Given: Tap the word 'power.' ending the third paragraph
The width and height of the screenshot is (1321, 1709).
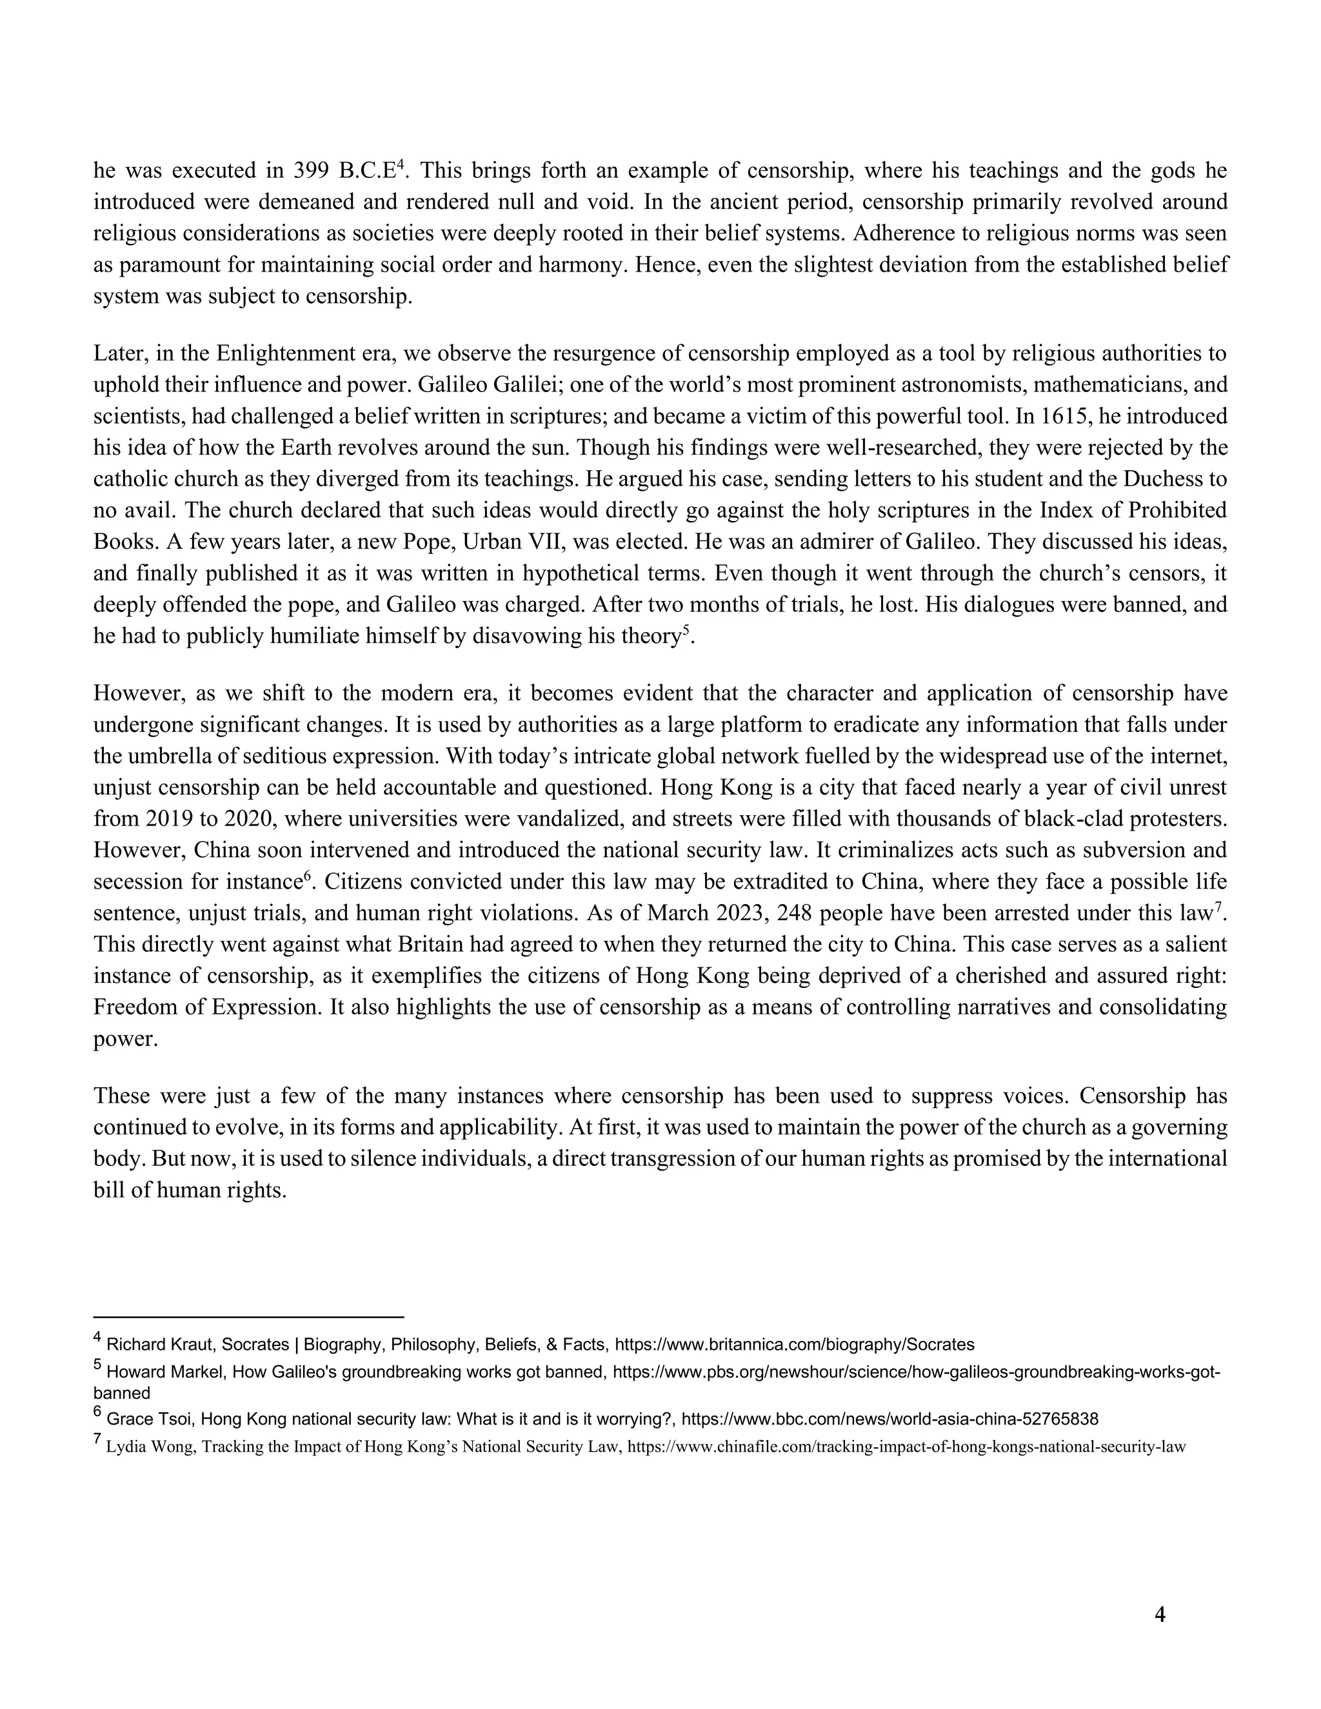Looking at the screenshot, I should (x=125, y=1039).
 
